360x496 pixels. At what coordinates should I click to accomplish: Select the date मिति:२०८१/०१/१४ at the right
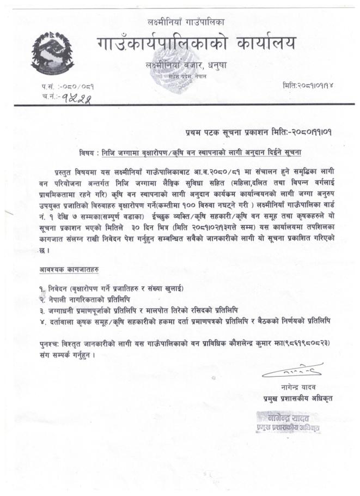pyautogui.click(x=308, y=86)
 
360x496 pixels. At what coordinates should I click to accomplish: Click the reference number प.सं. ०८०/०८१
pyautogui.click(x=60, y=87)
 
